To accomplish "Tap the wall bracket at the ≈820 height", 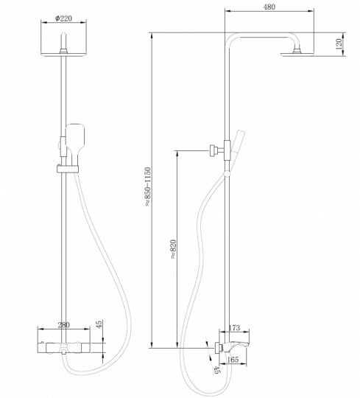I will (x=214, y=152).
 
